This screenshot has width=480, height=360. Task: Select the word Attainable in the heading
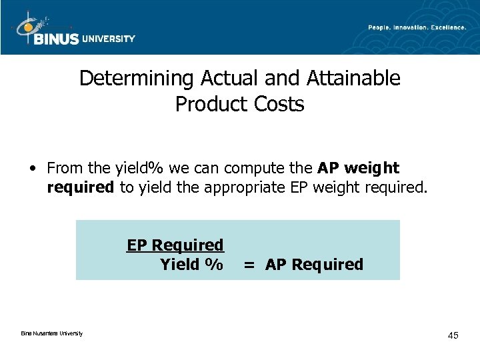(353, 79)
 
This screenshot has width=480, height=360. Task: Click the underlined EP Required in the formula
(175, 245)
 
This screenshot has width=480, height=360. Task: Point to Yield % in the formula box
(191, 265)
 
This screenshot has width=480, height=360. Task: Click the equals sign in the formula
(249, 265)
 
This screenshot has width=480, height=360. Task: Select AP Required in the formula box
(314, 265)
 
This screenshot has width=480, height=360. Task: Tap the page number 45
(453, 335)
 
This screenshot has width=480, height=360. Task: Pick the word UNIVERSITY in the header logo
(109, 39)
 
